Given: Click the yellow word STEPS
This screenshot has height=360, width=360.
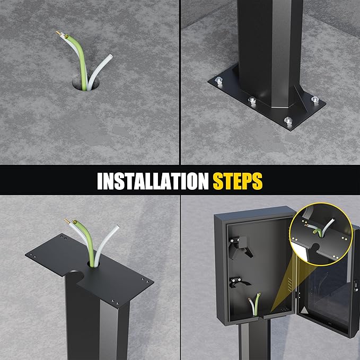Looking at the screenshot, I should (238, 181).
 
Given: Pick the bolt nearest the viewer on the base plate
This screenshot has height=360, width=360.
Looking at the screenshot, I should (288, 120).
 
